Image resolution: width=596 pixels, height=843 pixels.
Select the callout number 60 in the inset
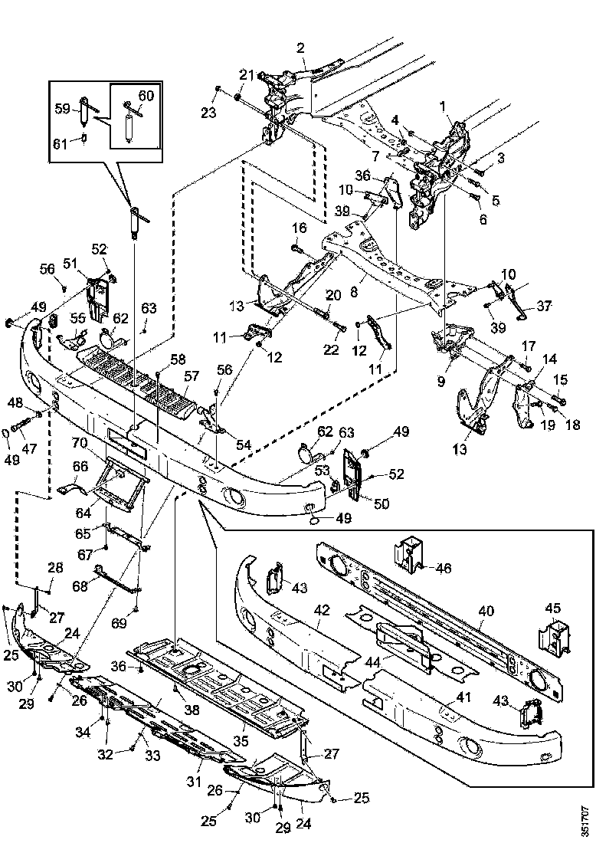[146, 96]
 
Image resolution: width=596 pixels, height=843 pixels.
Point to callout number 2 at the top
[300, 48]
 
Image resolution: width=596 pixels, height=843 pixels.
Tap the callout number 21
[246, 74]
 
